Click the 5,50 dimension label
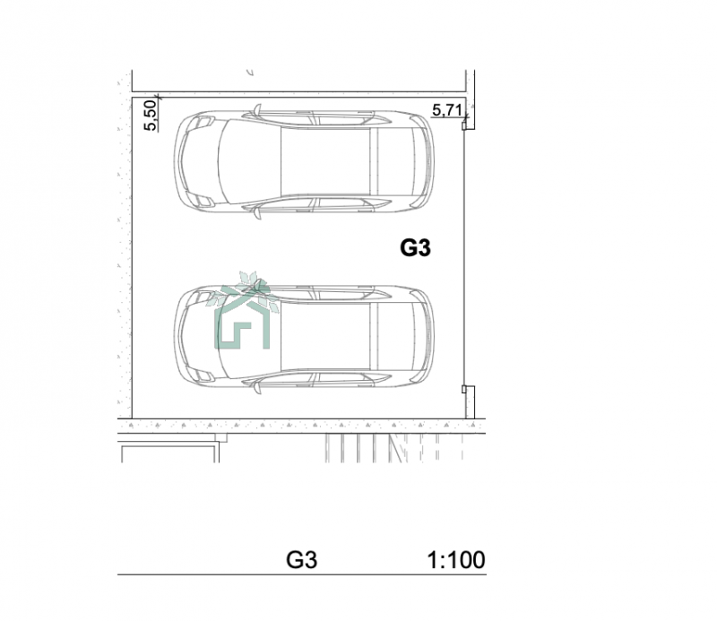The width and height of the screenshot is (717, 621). click(151, 116)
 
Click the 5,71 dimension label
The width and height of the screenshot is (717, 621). click(446, 110)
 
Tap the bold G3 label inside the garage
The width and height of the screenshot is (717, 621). click(415, 248)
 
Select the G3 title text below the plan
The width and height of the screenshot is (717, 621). click(301, 560)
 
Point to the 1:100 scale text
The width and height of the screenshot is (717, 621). click(455, 560)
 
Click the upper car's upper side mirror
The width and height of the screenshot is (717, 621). click(257, 110)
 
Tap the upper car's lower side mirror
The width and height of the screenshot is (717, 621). click(257, 212)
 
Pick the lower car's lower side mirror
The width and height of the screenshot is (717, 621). click(257, 388)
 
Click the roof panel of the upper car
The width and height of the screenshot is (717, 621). click(325, 161)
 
